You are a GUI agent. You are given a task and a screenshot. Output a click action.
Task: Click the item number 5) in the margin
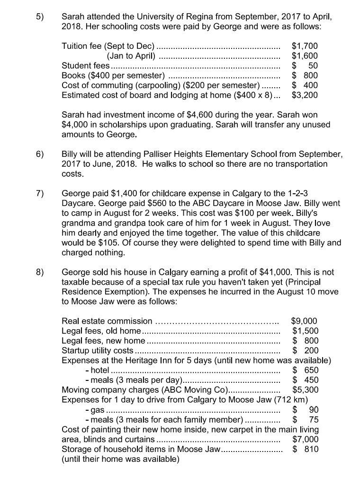click(x=40, y=17)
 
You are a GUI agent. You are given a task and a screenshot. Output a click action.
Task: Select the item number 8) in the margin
click(x=40, y=272)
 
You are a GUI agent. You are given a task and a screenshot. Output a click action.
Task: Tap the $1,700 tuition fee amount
click(x=305, y=46)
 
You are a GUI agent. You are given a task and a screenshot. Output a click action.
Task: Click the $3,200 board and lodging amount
click(x=305, y=95)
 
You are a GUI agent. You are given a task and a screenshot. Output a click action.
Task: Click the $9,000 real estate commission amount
click(x=304, y=321)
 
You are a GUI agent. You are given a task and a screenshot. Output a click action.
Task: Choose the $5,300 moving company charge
click(x=305, y=389)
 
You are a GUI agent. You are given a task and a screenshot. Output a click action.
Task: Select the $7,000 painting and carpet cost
click(x=305, y=439)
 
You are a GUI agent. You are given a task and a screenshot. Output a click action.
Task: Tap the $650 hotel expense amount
click(x=305, y=370)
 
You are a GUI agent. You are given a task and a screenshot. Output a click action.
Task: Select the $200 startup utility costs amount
click(x=305, y=351)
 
